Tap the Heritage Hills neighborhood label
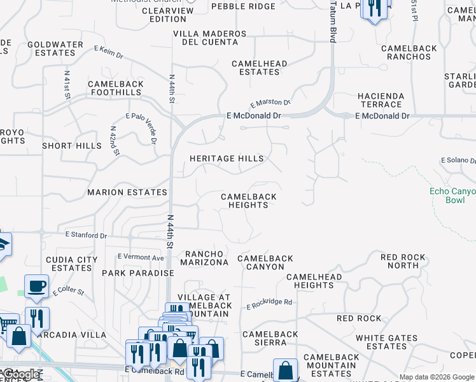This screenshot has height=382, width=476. point(227,159)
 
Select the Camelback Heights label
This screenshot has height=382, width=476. point(248,201)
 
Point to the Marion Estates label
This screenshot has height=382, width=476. point(127,192)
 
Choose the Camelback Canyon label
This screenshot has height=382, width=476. point(265,262)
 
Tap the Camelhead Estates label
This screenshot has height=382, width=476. point(259,68)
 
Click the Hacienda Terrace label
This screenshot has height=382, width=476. point(381,100)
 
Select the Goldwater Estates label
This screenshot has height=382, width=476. point(56,49)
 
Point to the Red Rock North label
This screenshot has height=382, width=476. point(403,262)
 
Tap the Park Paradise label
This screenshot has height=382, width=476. point(138,273)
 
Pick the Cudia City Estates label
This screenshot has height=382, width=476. point(72,264)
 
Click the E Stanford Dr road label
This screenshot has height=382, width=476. point(87,236)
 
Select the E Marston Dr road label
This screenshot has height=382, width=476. point(270,102)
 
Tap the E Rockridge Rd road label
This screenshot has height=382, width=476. point(269,303)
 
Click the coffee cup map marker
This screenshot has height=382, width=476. point(36,286)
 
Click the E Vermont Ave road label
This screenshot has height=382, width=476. point(141,257)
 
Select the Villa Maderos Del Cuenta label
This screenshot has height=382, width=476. point(209,38)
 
